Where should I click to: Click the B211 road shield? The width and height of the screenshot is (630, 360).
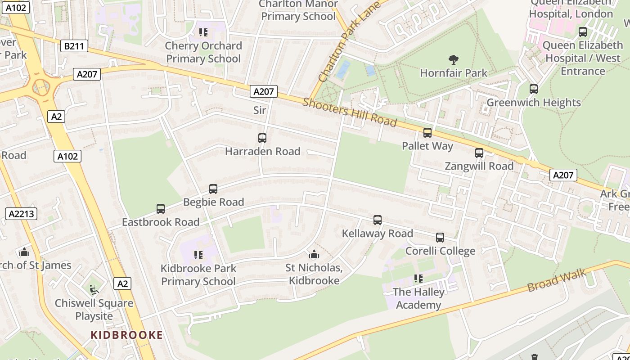coord(74,46)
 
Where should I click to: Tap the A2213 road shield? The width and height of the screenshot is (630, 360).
coord(21,214)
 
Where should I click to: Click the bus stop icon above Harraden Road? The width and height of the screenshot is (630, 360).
coord(262,138)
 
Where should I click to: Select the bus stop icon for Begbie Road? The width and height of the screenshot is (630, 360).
coord(213,189)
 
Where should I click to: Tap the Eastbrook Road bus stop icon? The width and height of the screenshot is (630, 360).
coord(161,209)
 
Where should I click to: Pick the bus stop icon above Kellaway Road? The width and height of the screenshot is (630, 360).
coord(378,220)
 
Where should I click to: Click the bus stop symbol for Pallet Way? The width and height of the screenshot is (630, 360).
coord(427,133)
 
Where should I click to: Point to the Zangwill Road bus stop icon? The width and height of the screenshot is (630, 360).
coord(479,153)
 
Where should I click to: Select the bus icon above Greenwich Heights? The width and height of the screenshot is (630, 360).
coord(534,89)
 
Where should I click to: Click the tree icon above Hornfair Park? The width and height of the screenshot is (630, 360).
coord(454,59)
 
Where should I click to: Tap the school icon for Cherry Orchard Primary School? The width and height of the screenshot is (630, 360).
coord(203,32)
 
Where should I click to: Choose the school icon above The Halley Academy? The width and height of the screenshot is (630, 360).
coord(418,279)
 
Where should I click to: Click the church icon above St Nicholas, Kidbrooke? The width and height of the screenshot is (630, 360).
coord(314,255)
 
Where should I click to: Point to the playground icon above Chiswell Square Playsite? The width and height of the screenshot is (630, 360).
coord(94,290)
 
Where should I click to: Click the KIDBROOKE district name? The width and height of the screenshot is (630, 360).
coord(126,335)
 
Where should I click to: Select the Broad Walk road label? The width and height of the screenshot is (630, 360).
coord(557,280)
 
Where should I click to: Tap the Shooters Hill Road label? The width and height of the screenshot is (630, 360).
coord(350,112)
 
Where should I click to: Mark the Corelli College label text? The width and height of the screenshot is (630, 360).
coord(440,251)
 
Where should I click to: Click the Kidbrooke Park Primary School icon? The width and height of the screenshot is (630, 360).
coord(198,255)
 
